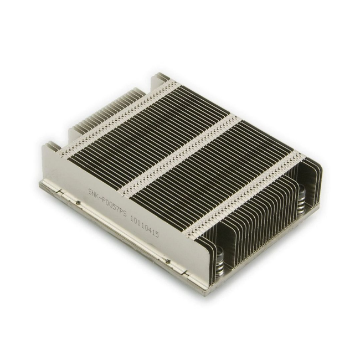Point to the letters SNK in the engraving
point(94,193)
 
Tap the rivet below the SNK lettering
point(79,203)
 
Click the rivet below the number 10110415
point(168,261)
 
